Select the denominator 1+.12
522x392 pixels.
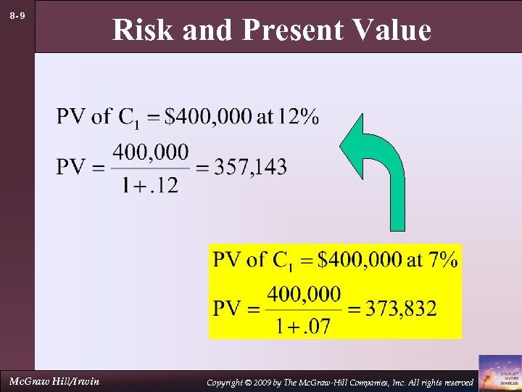coord(151,185)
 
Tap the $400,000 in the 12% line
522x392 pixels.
coord(207,116)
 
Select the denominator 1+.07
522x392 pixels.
coord(302,326)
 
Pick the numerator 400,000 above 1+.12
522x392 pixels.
coord(151,152)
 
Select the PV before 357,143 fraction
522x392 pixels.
coord(72,168)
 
